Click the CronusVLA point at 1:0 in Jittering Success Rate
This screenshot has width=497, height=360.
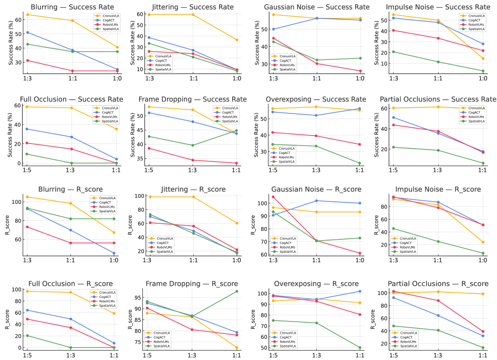point(236,40)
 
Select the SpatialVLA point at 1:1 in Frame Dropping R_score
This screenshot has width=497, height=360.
point(236,291)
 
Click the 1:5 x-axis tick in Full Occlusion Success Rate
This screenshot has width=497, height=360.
point(27,170)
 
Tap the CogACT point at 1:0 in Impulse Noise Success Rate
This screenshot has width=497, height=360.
point(483,44)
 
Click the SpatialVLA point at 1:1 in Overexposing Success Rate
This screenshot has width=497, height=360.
point(359,163)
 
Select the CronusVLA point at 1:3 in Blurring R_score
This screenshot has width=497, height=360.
point(27,197)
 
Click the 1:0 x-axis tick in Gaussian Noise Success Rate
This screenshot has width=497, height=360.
point(360,78)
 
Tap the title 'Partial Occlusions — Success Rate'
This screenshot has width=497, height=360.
point(440,99)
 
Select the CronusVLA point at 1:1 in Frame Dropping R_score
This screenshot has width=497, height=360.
point(236,348)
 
